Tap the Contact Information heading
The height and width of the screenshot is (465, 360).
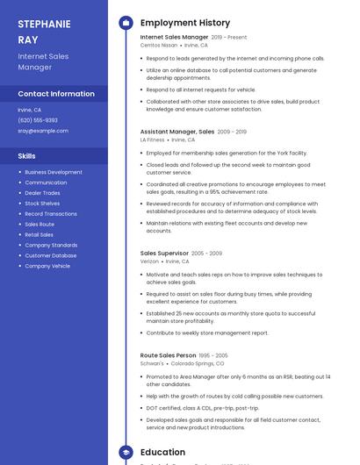[56, 94]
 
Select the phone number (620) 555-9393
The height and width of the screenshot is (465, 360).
[38, 120]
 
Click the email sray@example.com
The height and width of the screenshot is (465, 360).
[43, 131]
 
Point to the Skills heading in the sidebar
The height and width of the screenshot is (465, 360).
[26, 156]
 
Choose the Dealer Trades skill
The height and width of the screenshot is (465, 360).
[43, 193]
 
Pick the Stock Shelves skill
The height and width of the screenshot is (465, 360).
[42, 204]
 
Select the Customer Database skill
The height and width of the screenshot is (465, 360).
[50, 255]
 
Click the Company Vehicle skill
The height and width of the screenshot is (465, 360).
[47, 266]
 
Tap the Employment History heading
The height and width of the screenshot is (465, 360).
[185, 23]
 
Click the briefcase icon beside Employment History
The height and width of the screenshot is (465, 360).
[126, 23]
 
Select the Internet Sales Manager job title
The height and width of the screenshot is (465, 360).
[174, 38]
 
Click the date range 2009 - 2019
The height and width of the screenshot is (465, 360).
[232, 132]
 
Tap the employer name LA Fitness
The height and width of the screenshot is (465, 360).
[152, 139]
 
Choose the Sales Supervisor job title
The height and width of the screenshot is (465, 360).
[163, 254]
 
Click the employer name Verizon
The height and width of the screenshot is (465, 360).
[149, 261]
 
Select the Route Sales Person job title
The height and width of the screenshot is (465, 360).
[168, 355]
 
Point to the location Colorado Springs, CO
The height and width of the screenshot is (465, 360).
[197, 363]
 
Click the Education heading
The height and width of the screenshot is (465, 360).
[162, 453]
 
